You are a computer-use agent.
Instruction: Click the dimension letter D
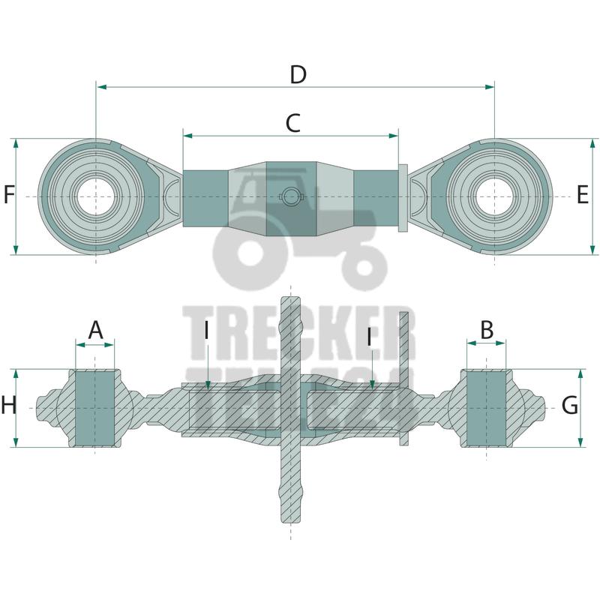click(298, 75)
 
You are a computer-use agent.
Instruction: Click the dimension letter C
click(292, 123)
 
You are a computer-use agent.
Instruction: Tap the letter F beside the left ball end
click(9, 196)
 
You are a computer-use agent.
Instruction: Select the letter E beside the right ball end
click(583, 196)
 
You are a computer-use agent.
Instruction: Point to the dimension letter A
click(95, 329)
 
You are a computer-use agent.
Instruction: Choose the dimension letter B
click(487, 328)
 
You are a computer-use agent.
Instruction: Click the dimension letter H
click(8, 406)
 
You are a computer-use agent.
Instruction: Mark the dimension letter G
click(570, 406)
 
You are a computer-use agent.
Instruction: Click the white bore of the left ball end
click(96, 196)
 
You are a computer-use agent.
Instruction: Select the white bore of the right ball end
click(495, 196)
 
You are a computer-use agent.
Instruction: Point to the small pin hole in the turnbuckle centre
click(290, 196)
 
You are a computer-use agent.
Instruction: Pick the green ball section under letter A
click(94, 409)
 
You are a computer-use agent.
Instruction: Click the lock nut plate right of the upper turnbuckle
click(403, 197)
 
